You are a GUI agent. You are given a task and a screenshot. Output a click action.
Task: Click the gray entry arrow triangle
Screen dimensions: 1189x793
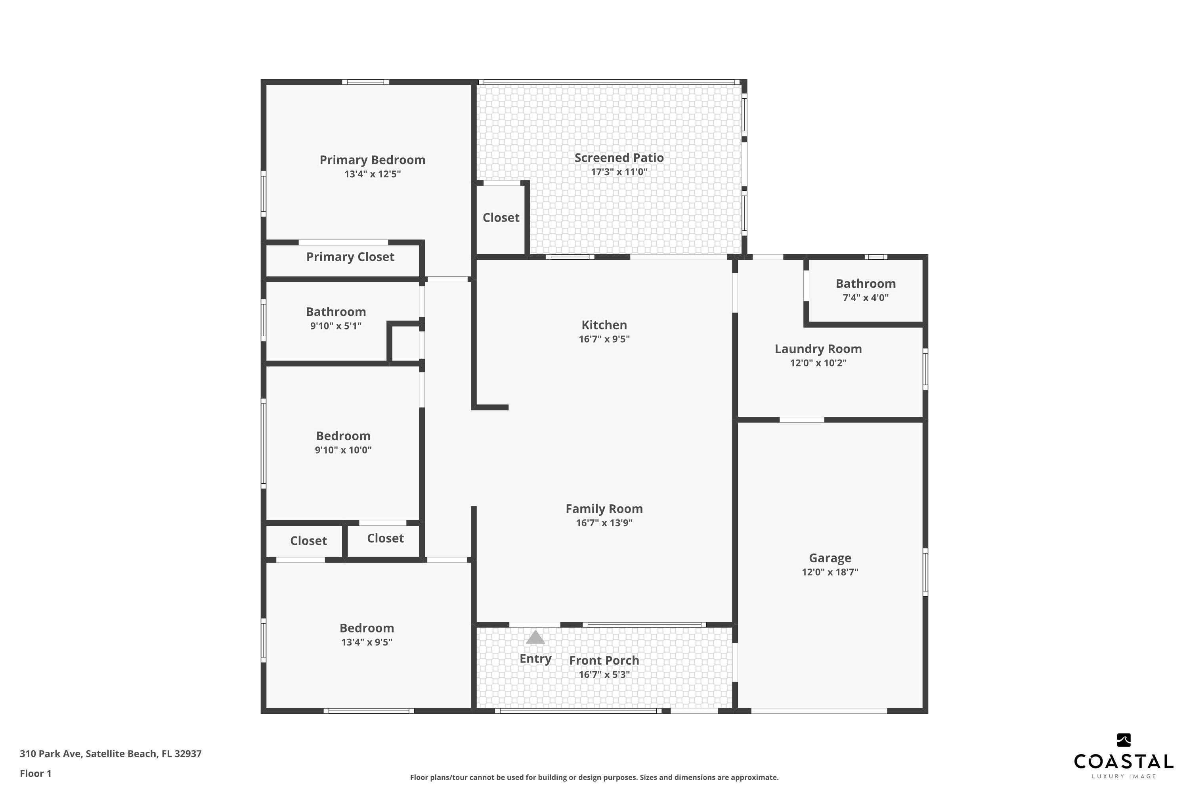[x=535, y=637]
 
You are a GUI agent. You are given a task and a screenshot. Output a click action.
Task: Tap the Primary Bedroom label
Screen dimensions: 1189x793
[x=373, y=160]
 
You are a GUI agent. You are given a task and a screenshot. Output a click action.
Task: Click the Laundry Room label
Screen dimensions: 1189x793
[x=818, y=349]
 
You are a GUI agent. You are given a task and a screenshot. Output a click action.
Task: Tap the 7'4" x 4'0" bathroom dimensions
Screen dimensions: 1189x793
[x=866, y=298]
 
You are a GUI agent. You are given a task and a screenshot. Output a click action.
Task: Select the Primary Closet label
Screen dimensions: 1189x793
[x=350, y=257]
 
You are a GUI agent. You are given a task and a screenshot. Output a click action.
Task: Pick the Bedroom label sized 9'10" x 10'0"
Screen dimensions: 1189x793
[x=343, y=436]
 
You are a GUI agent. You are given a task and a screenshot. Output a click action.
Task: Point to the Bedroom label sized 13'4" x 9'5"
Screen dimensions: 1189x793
[x=367, y=628]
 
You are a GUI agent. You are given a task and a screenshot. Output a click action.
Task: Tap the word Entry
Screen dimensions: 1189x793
[x=535, y=659]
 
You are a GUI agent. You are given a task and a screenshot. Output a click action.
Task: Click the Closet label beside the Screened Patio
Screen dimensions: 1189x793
[x=501, y=217]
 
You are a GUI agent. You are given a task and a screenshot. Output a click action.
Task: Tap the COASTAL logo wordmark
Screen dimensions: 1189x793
[x=1123, y=762]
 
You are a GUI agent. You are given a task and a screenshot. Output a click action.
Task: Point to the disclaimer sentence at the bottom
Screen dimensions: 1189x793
[x=594, y=777]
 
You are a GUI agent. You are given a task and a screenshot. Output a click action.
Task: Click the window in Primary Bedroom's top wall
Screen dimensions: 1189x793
[x=365, y=82]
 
